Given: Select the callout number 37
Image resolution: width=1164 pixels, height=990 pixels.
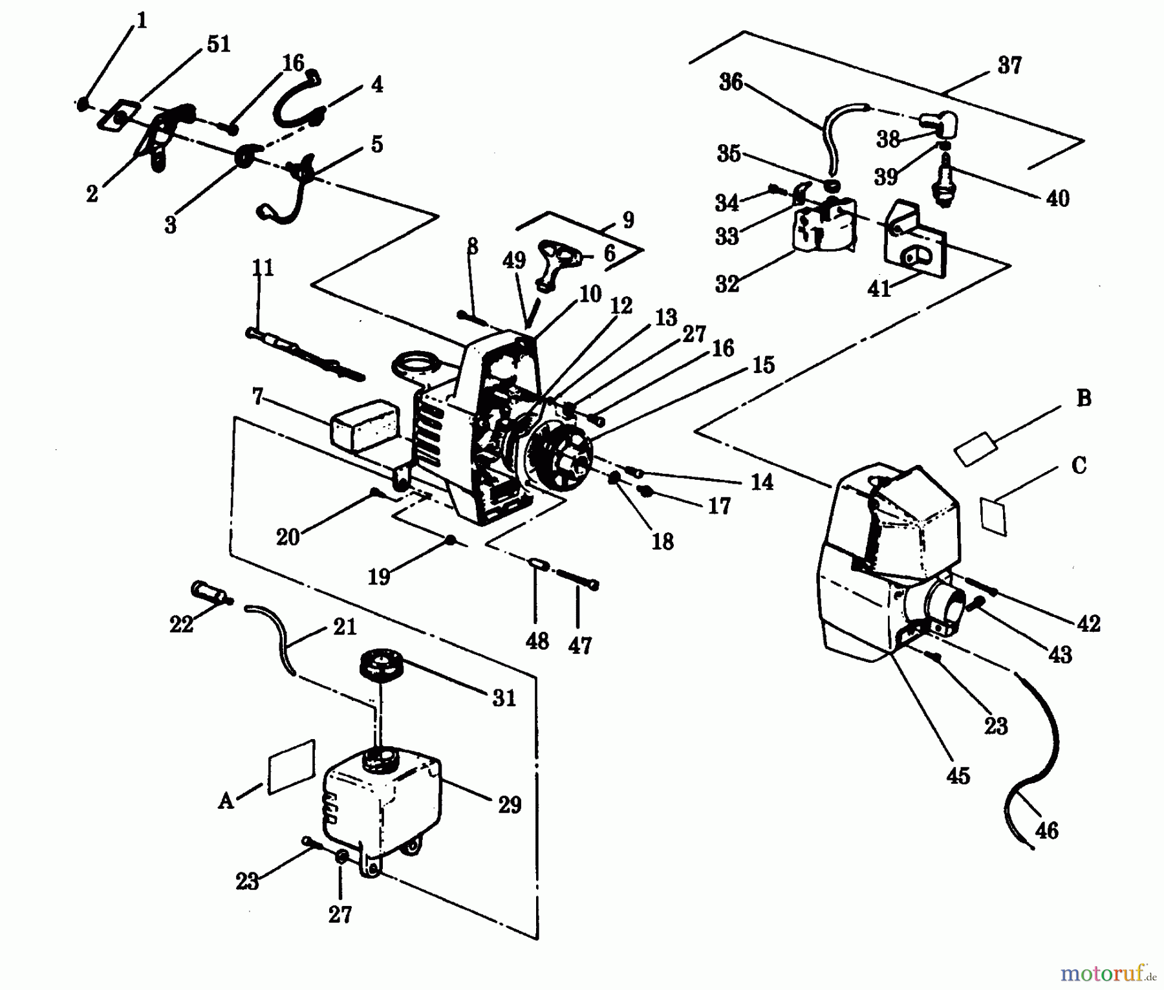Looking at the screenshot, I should [1009, 65].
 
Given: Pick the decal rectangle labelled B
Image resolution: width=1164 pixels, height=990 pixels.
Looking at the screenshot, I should [976, 448].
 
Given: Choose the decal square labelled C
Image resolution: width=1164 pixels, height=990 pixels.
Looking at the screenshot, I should [994, 515].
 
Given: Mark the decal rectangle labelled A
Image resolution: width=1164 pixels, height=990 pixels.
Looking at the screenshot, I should [291, 767].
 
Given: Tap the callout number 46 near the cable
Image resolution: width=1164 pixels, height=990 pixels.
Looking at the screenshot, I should [1046, 830].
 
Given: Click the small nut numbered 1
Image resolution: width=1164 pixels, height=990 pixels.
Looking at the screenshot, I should [83, 103].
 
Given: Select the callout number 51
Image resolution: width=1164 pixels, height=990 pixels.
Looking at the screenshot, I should [218, 45].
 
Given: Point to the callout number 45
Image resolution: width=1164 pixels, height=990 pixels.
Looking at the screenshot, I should [958, 775].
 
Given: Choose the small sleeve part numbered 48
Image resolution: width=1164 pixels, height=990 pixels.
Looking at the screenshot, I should [538, 564].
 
